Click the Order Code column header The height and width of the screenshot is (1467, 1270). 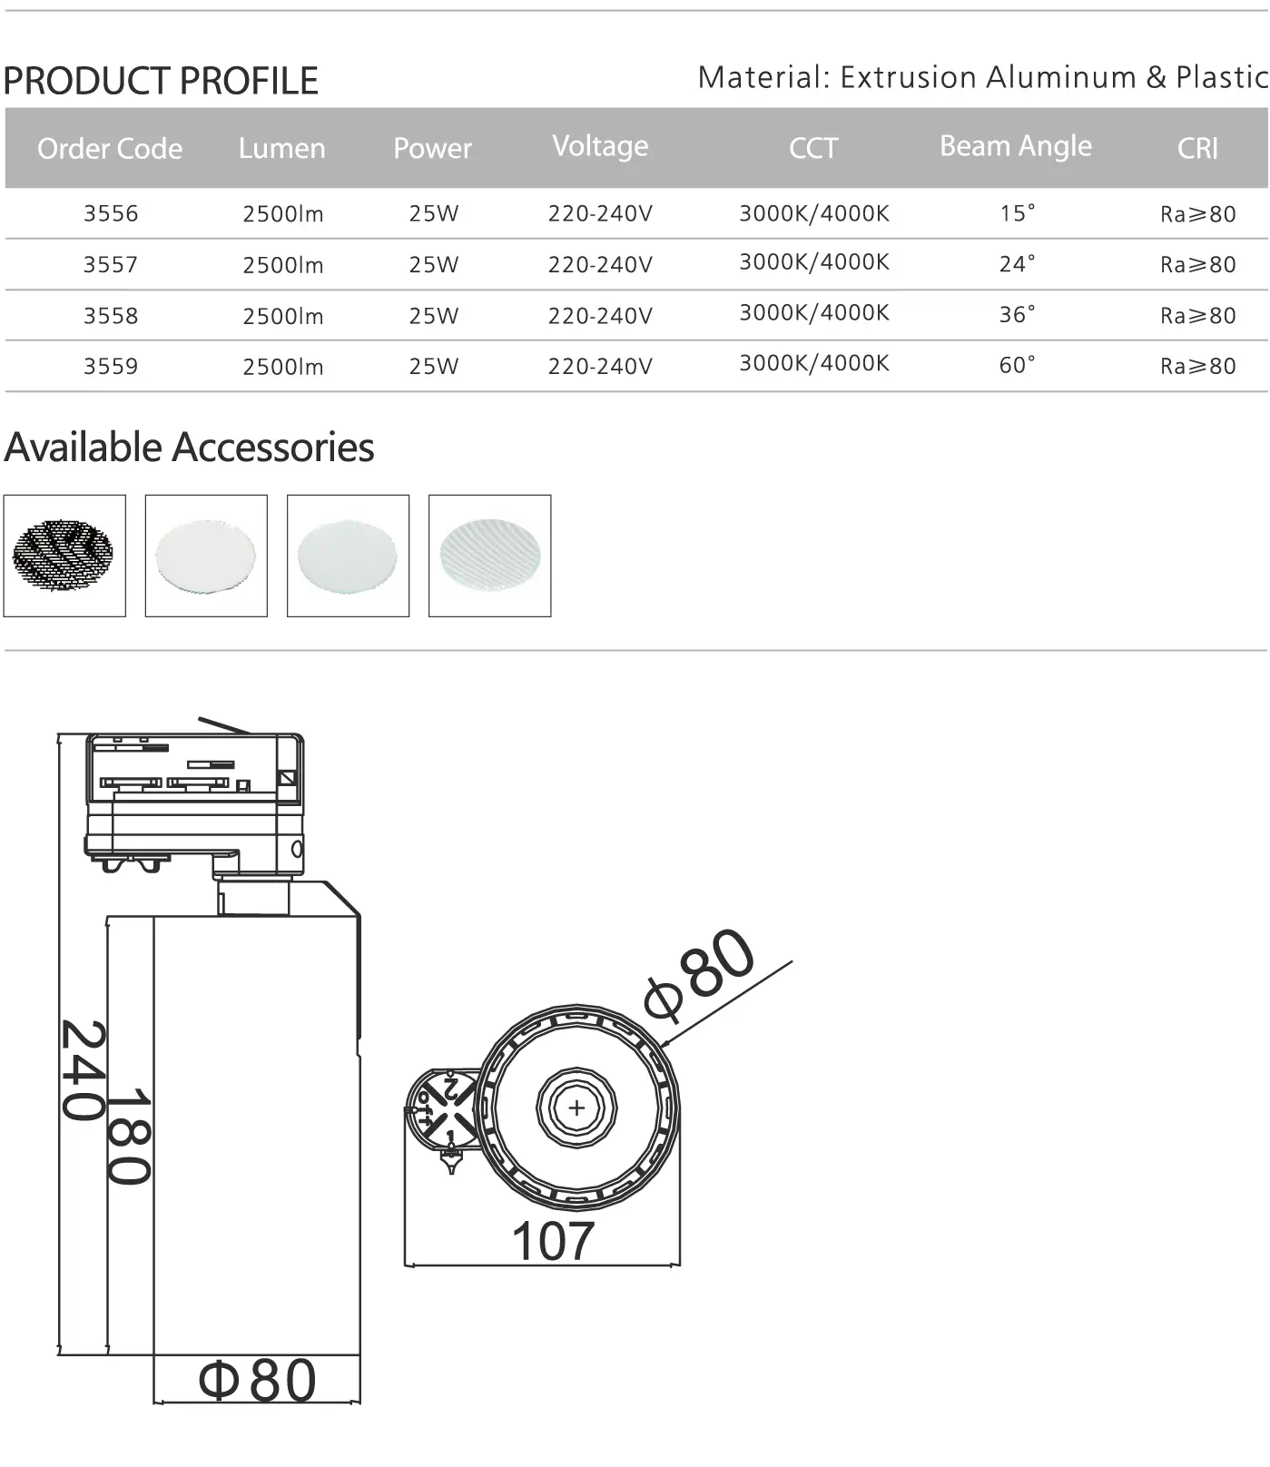(x=110, y=149)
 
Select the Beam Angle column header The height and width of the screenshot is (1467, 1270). (x=1015, y=146)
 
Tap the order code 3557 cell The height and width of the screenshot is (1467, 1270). (x=111, y=265)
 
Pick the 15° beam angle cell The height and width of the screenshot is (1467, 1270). (x=1017, y=214)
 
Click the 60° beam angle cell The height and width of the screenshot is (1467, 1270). (x=1017, y=366)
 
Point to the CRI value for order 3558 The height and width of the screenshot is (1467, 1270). (x=1197, y=316)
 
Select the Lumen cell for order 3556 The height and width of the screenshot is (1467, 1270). (x=282, y=214)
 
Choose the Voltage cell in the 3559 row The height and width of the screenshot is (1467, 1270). (x=599, y=367)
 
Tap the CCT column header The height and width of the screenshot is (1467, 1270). (x=812, y=149)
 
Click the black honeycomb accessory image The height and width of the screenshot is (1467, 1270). (x=64, y=556)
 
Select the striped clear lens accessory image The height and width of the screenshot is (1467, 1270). (x=489, y=556)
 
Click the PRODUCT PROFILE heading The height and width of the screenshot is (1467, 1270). (x=161, y=82)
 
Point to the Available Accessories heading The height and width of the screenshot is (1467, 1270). (x=189, y=448)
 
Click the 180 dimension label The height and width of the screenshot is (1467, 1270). (x=129, y=1137)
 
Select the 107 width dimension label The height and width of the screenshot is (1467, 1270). (x=552, y=1241)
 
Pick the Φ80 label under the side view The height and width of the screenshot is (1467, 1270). (x=258, y=1381)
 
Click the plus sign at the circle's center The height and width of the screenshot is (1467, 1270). (x=576, y=1108)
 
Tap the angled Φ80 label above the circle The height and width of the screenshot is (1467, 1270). (x=699, y=971)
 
